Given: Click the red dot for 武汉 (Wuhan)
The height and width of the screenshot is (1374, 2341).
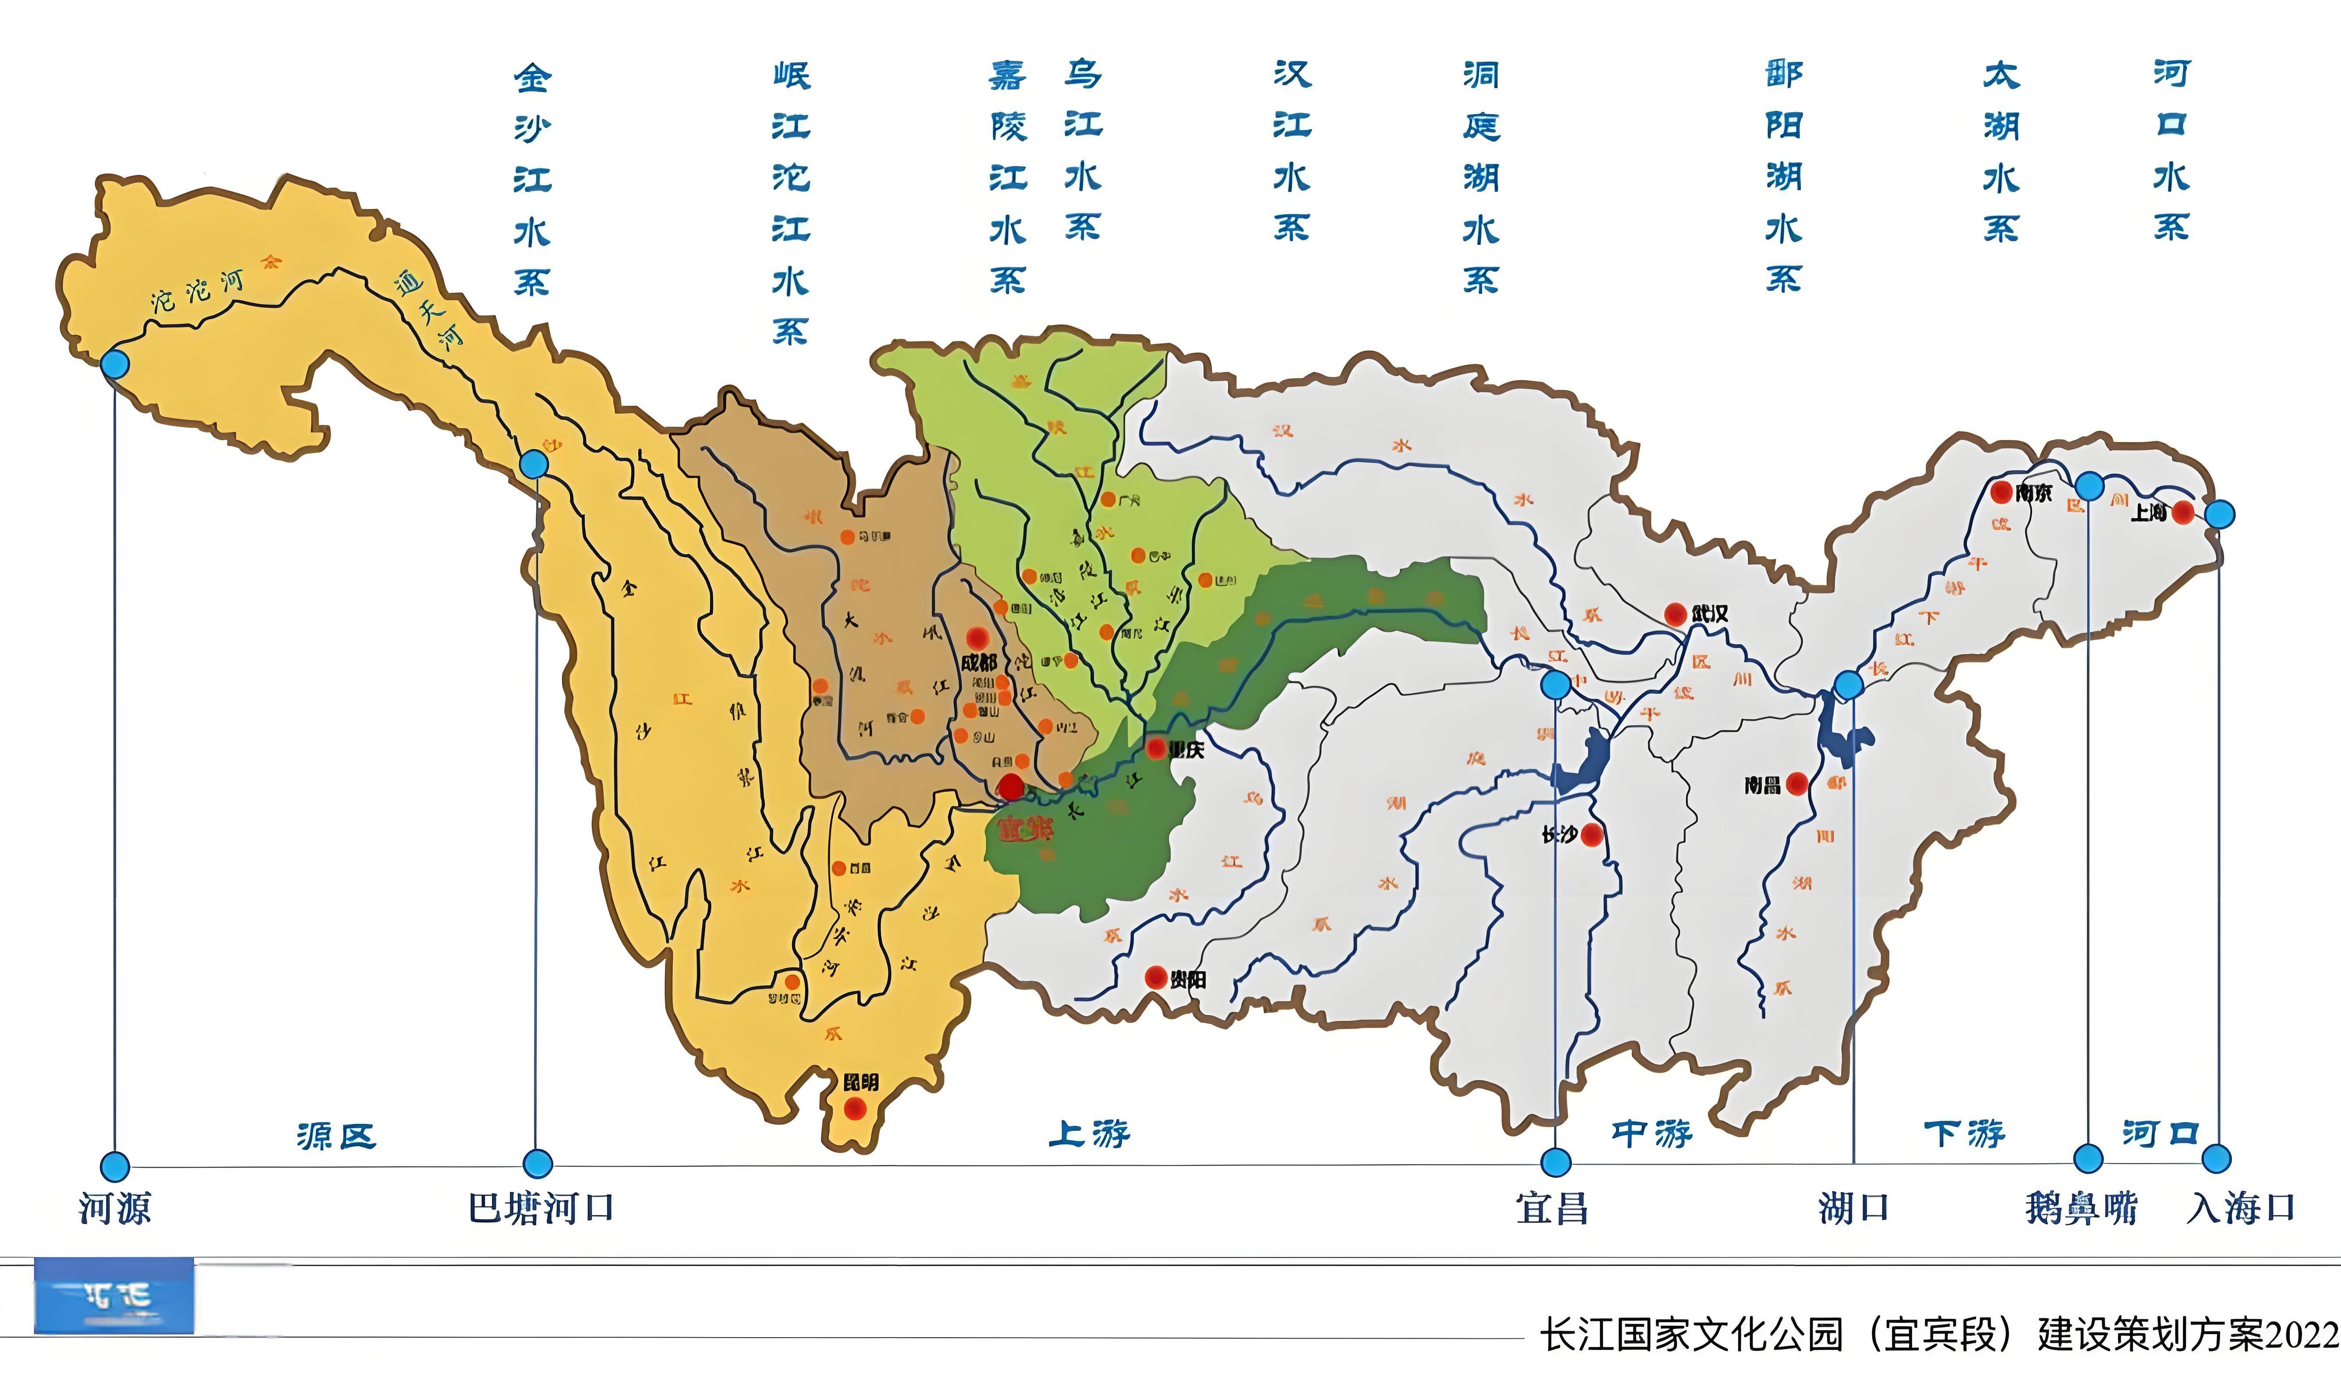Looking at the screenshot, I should click(1675, 614).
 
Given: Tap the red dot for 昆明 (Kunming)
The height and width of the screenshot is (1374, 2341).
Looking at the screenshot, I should click(855, 1108).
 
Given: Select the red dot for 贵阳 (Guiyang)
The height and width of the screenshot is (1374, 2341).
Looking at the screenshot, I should click(1156, 977).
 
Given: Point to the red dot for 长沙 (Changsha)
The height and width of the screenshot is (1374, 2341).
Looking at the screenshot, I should click(1591, 834).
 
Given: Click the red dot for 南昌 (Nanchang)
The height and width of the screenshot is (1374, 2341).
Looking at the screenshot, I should click(1796, 784).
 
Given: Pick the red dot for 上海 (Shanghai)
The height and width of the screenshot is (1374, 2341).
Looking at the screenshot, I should click(2183, 512).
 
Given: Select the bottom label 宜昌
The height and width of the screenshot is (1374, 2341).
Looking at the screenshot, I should click(1552, 1208).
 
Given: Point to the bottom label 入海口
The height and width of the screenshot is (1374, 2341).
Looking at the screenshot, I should click(2241, 1208).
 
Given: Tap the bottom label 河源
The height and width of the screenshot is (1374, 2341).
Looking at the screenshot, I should click(114, 1208).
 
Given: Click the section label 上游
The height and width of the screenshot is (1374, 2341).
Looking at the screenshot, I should click(1089, 1133).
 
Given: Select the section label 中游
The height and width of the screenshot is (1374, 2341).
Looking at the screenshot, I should click(1651, 1133).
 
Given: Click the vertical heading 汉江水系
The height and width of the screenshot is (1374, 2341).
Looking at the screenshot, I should click(1291, 150).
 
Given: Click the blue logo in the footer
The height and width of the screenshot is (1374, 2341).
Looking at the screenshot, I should click(114, 1296).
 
